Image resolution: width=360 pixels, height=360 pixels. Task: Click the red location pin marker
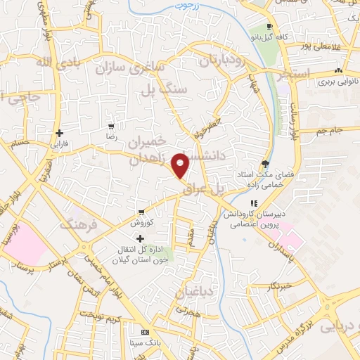181,166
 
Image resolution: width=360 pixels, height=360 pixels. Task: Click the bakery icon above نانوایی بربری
339,70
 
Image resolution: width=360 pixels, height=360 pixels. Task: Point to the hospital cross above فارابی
60,132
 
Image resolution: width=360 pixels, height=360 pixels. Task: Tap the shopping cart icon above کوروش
141,212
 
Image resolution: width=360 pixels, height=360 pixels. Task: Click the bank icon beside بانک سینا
146,332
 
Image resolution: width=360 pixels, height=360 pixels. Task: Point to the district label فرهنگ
76,226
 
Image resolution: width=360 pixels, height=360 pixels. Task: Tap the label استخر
304,72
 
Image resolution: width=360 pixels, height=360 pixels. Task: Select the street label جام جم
329,131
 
